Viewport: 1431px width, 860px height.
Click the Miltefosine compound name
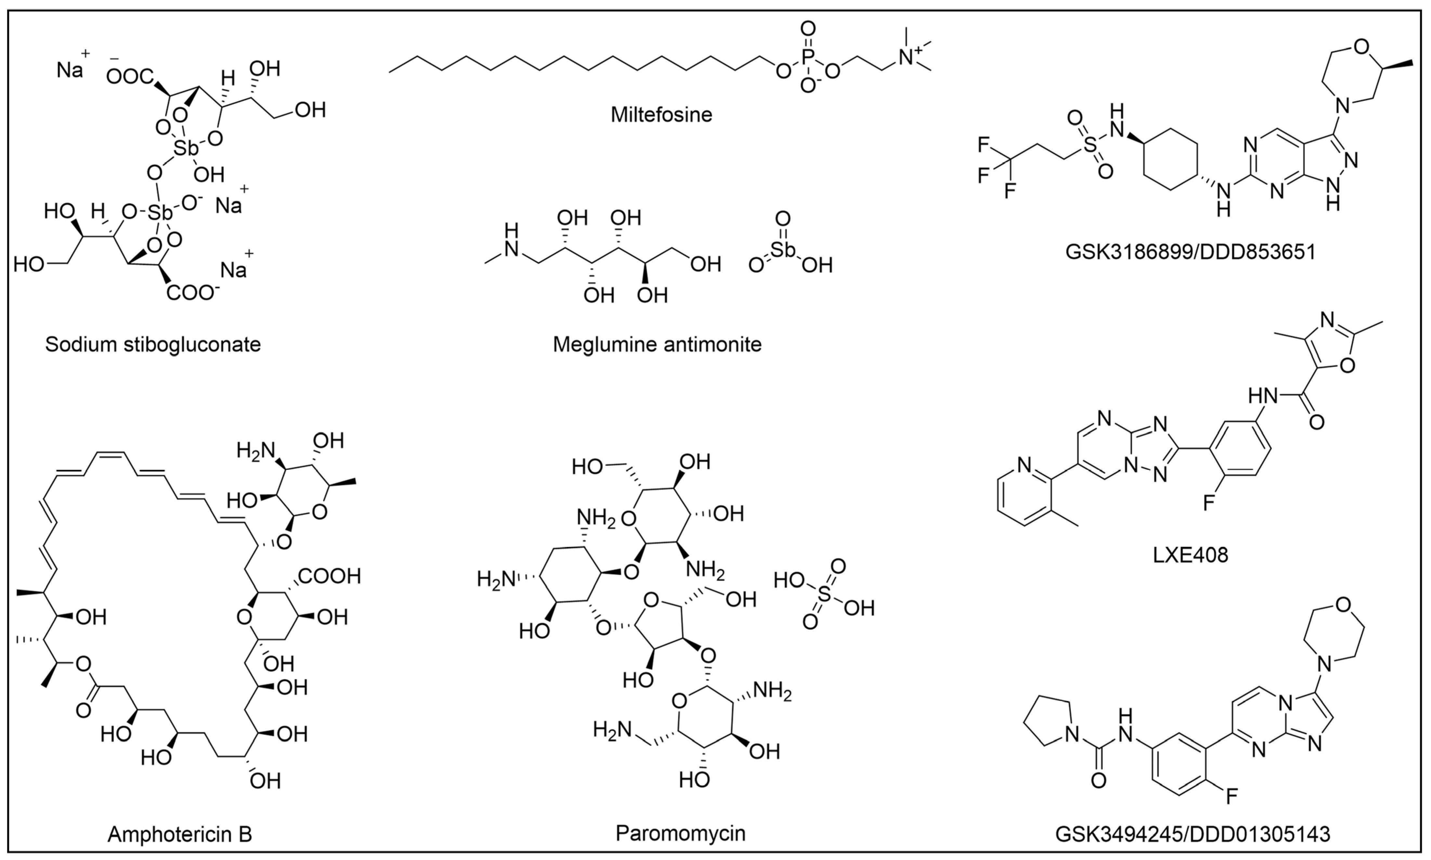tap(661, 114)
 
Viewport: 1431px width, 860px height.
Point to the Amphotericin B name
tap(180, 835)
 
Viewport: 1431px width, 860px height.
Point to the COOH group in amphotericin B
tap(329, 576)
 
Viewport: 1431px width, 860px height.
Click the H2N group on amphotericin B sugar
tap(255, 450)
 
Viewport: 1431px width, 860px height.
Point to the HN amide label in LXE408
tap(1263, 397)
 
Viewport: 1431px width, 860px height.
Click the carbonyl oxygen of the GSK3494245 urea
tap(1098, 781)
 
